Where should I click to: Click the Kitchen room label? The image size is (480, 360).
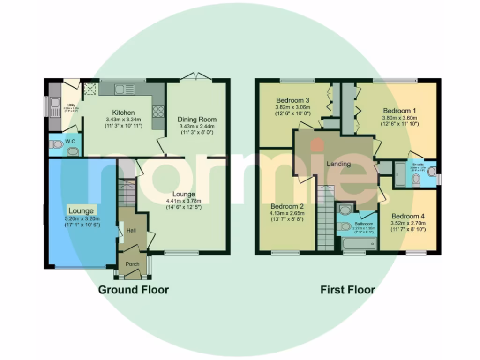coord(123,112)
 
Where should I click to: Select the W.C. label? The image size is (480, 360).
coord(71,141)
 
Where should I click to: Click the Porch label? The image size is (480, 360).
coord(133,264)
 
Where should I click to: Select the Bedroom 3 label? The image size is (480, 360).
coord(292,100)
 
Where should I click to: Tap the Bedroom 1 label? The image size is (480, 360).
coord(399,111)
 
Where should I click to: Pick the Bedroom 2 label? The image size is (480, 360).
coord(287,206)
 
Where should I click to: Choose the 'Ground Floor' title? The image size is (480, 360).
coord(133,290)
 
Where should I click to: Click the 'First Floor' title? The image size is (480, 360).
coord(347,290)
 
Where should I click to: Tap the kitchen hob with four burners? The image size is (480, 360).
coord(158,111)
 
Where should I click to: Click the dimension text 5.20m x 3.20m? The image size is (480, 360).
coord(83,218)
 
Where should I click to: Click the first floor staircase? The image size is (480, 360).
coord(325,218)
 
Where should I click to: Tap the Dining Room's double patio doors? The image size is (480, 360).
coord(198,76)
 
